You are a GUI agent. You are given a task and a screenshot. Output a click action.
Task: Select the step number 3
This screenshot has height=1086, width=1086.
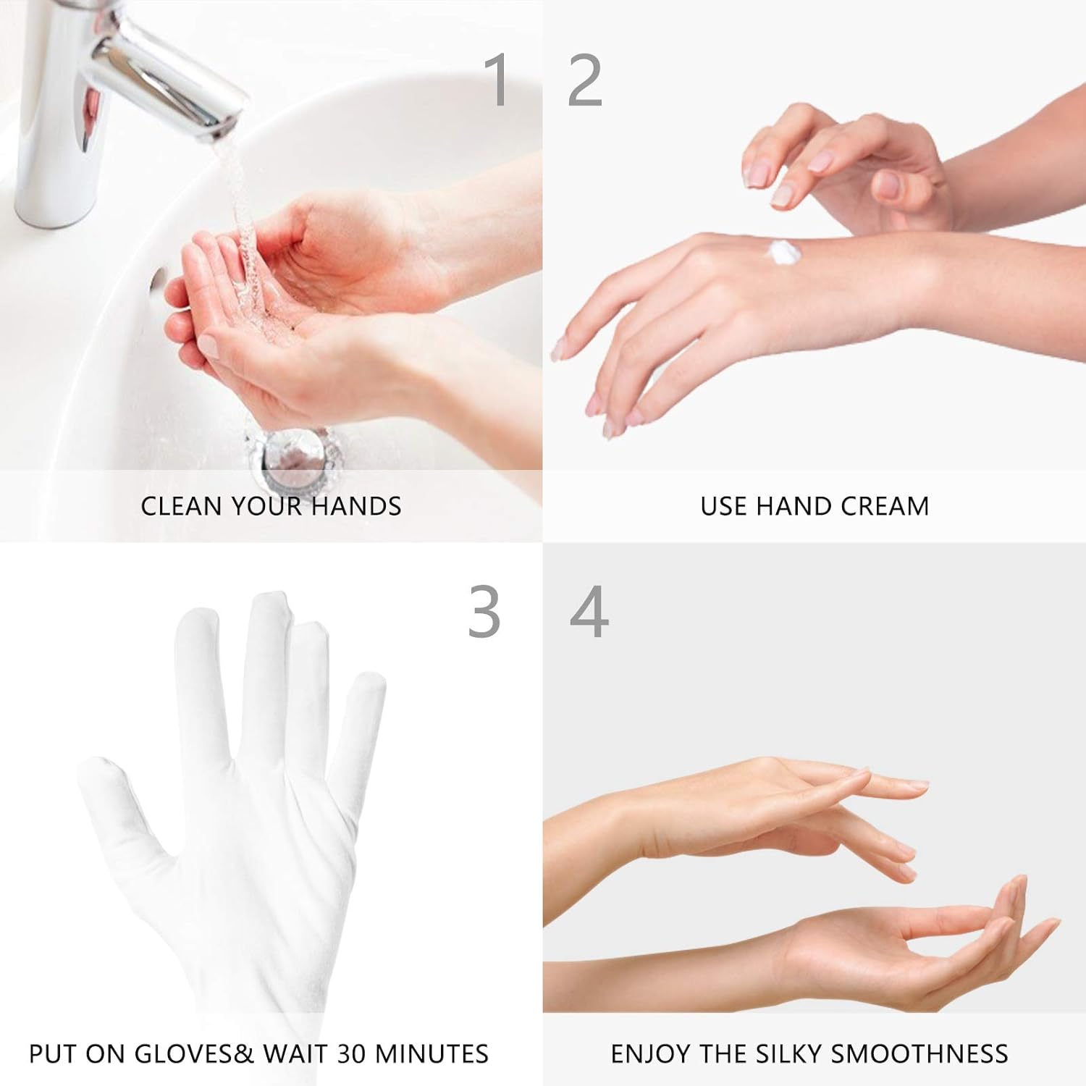(x=484, y=612)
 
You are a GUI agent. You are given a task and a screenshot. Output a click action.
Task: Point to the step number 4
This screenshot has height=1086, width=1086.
(x=589, y=612)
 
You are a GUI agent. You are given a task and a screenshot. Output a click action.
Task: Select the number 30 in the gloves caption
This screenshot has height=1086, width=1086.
(x=351, y=1053)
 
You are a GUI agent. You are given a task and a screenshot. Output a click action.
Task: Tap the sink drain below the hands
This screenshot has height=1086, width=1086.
(x=293, y=452)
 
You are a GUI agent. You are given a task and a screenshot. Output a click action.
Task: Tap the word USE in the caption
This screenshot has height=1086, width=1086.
(x=724, y=506)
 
